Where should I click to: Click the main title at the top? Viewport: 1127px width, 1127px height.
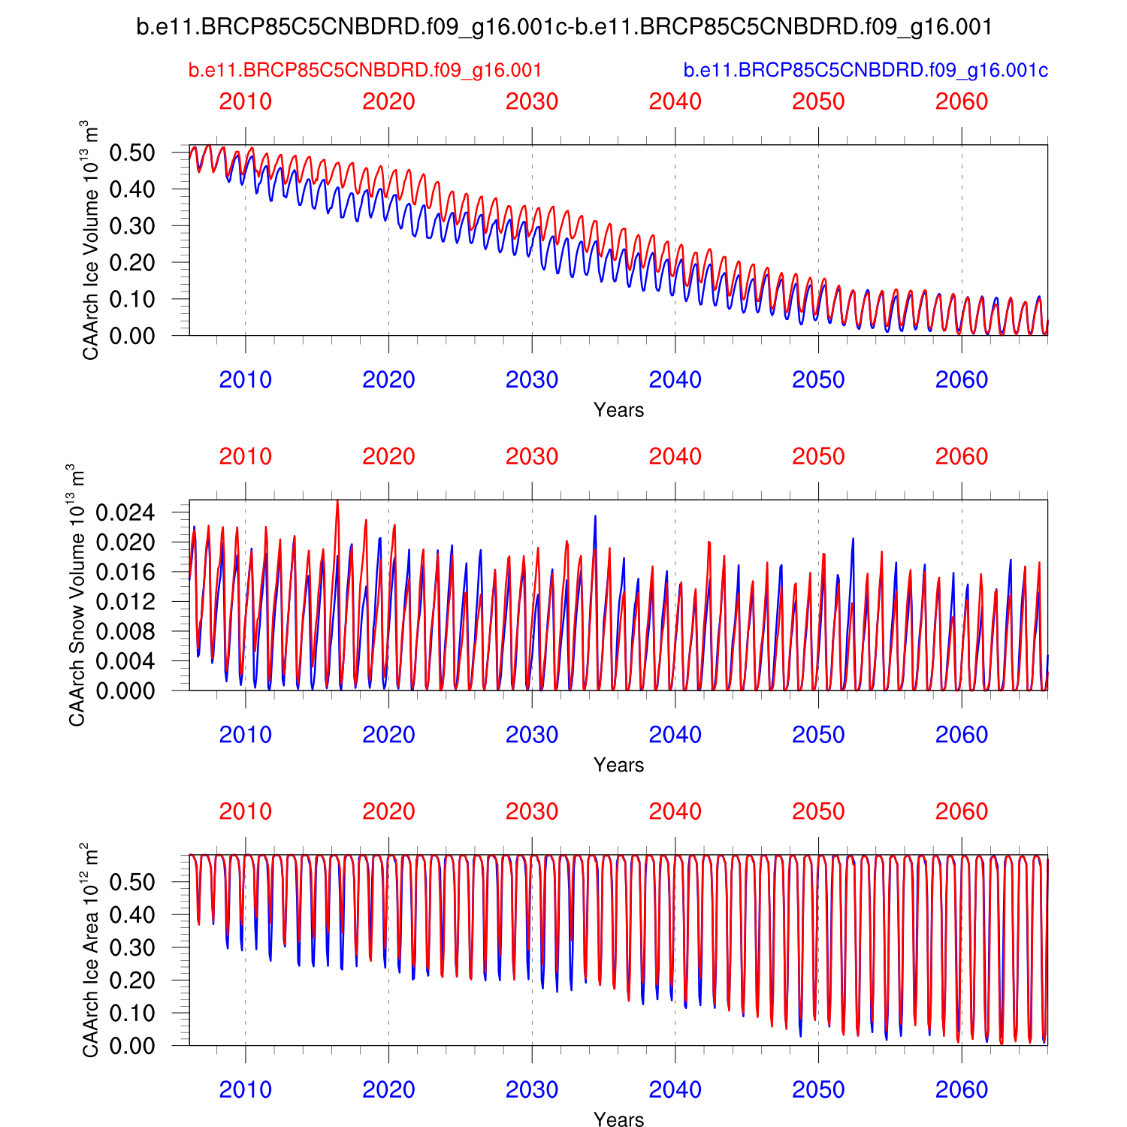tap(563, 27)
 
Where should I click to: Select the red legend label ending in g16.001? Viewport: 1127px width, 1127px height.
tap(365, 71)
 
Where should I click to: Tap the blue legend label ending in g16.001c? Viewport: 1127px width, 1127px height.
tap(866, 71)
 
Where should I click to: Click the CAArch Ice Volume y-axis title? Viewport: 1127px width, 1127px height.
tap(90, 240)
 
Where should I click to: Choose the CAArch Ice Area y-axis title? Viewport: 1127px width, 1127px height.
tap(90, 950)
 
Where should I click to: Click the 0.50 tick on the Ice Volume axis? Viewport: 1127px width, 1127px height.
tap(132, 153)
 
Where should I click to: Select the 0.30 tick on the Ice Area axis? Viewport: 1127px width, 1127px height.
tap(132, 947)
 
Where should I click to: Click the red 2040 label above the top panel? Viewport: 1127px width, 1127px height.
tap(675, 101)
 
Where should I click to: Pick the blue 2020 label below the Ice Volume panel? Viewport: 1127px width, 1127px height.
tap(388, 380)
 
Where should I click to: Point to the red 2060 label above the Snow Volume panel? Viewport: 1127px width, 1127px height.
tap(961, 457)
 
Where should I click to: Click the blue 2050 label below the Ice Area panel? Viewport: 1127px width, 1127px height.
tap(818, 1089)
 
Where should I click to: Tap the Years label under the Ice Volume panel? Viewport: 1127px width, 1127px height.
tap(618, 410)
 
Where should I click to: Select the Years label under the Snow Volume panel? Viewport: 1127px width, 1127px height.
tap(618, 765)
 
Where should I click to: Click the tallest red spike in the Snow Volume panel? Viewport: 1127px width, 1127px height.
tap(337, 502)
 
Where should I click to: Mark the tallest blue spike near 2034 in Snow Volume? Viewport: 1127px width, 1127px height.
tap(595, 517)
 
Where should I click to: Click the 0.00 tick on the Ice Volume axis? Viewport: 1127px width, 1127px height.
tap(132, 336)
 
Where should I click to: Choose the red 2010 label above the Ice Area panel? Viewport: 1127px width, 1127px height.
tap(245, 811)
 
